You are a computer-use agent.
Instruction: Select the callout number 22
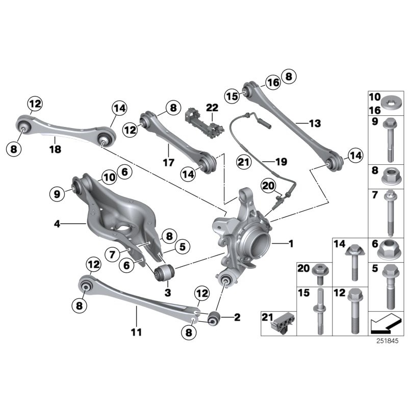pos(212,108)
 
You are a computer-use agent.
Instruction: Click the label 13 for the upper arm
pos(315,123)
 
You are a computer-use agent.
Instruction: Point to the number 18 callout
pos(55,149)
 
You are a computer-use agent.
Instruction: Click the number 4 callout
pos(57,223)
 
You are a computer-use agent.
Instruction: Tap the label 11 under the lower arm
pos(135,333)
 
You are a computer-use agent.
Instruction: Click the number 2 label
pos(236,317)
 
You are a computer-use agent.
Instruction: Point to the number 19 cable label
pos(281,162)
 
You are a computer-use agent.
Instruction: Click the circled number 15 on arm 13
pos(233,95)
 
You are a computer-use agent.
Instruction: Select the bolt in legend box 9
pos(388,140)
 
